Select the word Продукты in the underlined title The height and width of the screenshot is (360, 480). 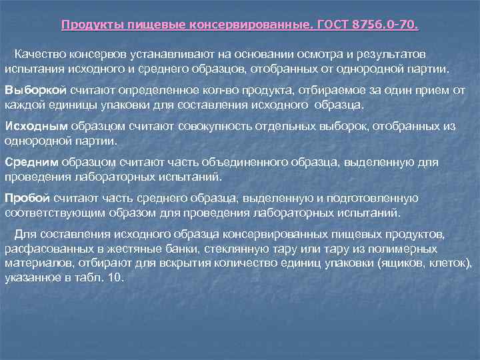pyautogui.click(x=88, y=26)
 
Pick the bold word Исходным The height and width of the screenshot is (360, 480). pyautogui.click(x=35, y=127)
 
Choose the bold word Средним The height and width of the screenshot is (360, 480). pyautogui.click(x=31, y=163)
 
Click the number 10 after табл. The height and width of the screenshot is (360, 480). pyautogui.click(x=116, y=278)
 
